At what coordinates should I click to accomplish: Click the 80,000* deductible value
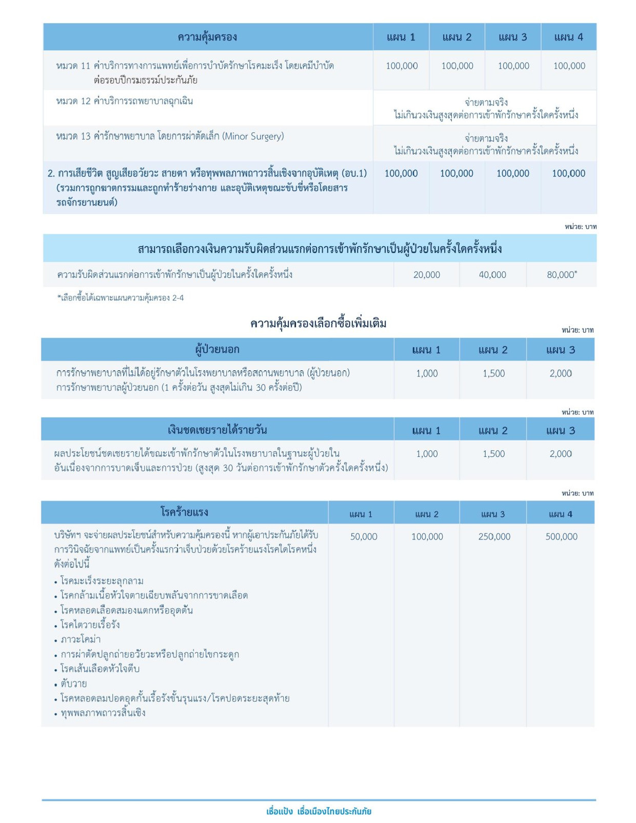click(562, 275)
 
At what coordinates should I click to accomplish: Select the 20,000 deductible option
click(427, 275)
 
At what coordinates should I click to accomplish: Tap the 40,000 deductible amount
click(492, 275)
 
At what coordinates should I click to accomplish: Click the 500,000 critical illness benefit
click(561, 537)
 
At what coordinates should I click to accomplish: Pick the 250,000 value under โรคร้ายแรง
click(494, 537)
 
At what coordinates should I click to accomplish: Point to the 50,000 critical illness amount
click(364, 537)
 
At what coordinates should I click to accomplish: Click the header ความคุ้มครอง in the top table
click(207, 37)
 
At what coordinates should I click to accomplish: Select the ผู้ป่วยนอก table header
click(217, 350)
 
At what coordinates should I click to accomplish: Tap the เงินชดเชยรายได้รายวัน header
click(217, 430)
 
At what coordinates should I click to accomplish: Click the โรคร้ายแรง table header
click(184, 512)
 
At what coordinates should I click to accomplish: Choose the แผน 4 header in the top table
click(568, 37)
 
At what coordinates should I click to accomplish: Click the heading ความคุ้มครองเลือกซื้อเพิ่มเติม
click(318, 324)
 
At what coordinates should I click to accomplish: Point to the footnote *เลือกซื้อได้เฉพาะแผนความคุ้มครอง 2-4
click(121, 298)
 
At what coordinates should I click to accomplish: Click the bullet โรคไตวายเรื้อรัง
click(90, 625)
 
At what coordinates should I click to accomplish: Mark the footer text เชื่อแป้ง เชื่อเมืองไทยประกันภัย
click(319, 811)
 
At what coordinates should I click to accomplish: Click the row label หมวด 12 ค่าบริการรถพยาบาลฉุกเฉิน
click(125, 101)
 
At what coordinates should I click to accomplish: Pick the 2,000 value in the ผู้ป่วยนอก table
click(561, 374)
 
